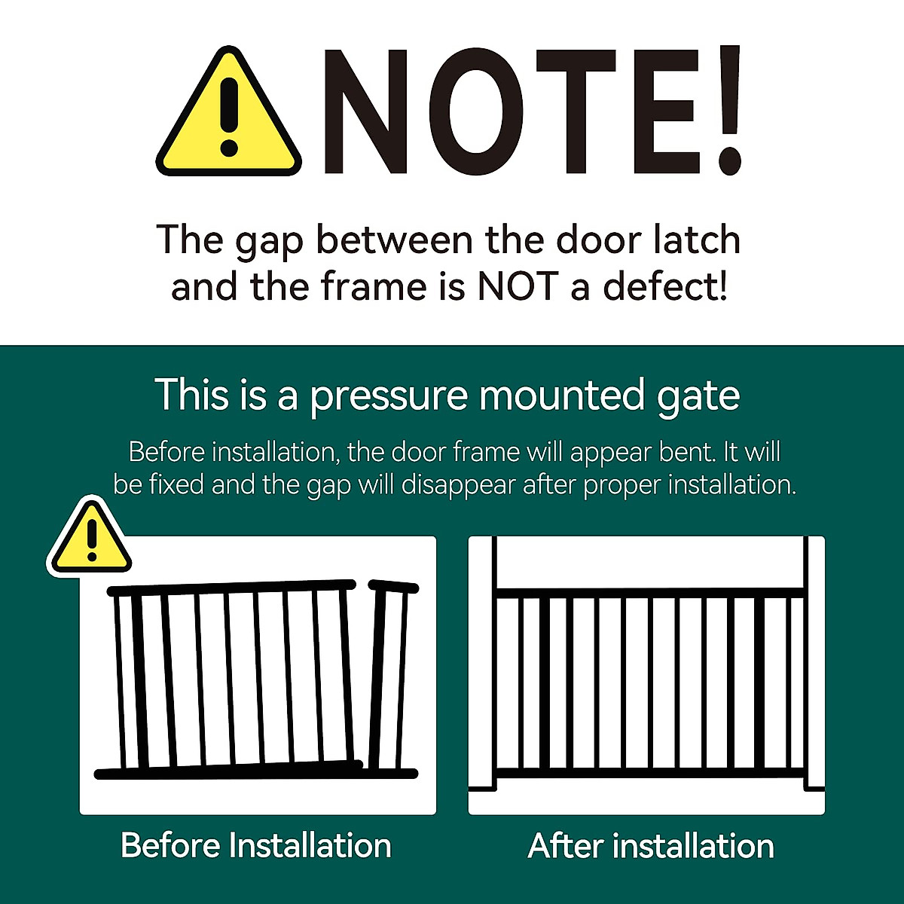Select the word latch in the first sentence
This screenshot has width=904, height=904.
(x=697, y=240)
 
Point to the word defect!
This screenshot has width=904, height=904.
(x=665, y=287)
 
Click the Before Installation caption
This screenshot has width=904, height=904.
(x=256, y=845)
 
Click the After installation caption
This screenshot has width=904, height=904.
(x=651, y=846)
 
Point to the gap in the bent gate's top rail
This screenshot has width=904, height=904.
(x=362, y=585)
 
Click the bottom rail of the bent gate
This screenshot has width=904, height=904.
(x=226, y=771)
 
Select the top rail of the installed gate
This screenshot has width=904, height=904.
(x=650, y=593)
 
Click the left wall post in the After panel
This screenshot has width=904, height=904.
(x=483, y=663)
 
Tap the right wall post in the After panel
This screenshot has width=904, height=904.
(x=815, y=663)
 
